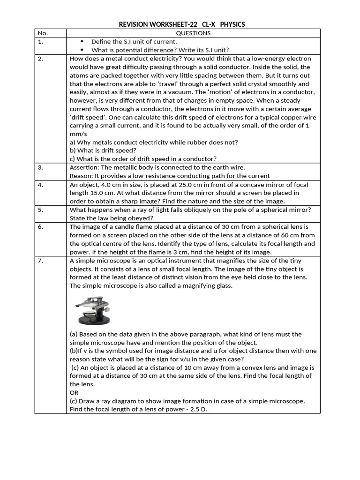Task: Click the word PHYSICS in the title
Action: coord(232,24)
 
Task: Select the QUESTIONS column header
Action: coord(193,33)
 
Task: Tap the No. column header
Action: coord(42,33)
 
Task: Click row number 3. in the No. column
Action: coord(41,167)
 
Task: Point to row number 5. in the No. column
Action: coord(41,210)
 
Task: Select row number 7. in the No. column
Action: coord(41,261)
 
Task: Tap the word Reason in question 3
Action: coord(81,176)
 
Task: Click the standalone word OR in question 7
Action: coord(74,392)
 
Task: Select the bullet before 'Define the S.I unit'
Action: coord(82,42)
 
